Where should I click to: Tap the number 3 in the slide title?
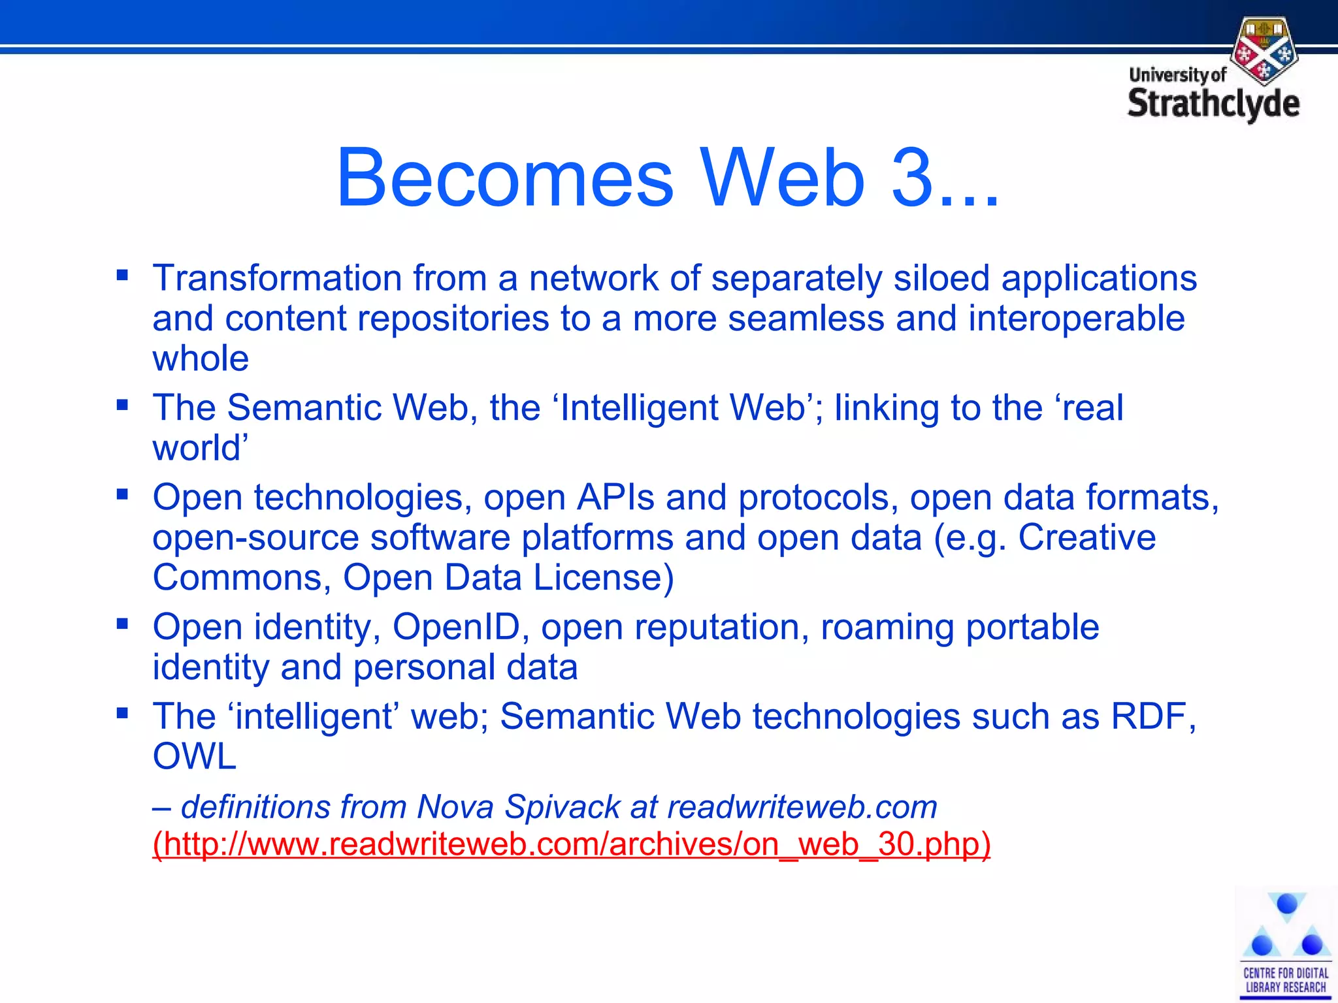pyautogui.click(x=911, y=178)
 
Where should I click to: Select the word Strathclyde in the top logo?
pyautogui.click(x=1214, y=104)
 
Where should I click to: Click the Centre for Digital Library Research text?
pyautogui.click(x=1286, y=980)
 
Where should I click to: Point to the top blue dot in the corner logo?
pyautogui.click(x=1287, y=904)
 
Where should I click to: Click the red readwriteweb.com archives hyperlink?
pyautogui.click(x=572, y=844)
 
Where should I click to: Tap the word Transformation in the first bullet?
pyautogui.click(x=277, y=278)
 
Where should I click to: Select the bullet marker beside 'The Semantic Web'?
pyautogui.click(x=122, y=405)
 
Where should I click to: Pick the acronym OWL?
pyautogui.click(x=194, y=757)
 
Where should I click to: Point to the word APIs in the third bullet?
pyautogui.click(x=615, y=498)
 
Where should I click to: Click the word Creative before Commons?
pyautogui.click(x=1086, y=537)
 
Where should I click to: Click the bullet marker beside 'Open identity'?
pyautogui.click(x=122, y=624)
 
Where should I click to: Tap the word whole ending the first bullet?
pyautogui.click(x=201, y=359)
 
